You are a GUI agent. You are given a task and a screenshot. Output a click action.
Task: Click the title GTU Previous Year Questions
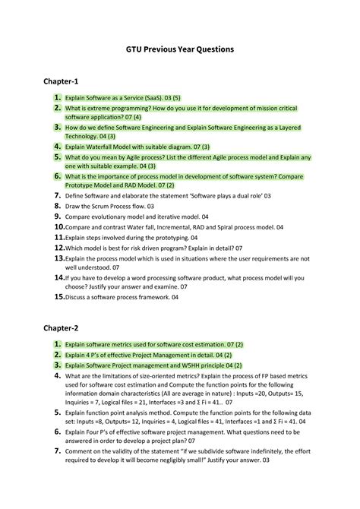click(x=180, y=49)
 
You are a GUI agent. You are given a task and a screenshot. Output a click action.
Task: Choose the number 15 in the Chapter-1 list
click(x=58, y=297)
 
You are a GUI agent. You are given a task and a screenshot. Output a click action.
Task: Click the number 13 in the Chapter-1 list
click(x=58, y=258)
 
